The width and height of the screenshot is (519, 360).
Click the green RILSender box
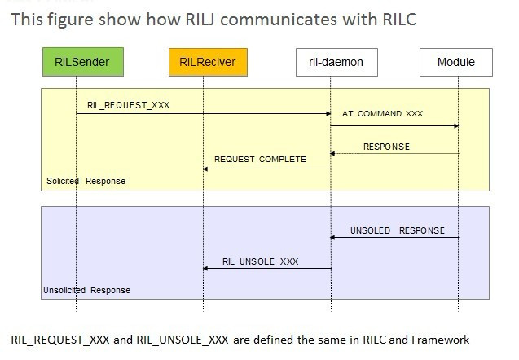coord(83,62)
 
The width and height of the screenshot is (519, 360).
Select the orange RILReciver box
coord(208,62)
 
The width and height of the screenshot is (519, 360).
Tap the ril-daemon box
coord(336,62)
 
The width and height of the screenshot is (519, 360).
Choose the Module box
coord(456,62)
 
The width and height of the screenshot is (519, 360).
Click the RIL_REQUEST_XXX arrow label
coord(129,105)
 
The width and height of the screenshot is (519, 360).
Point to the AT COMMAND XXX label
coord(382,114)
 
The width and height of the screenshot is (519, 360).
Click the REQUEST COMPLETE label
coord(260,160)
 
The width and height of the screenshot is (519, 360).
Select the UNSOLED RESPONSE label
coord(398,230)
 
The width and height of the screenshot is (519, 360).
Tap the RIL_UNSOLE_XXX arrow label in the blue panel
coord(261,261)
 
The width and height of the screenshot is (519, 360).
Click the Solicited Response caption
coord(86,181)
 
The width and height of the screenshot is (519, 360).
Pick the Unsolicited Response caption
coord(86,290)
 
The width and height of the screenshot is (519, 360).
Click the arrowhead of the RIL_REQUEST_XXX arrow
coord(328,114)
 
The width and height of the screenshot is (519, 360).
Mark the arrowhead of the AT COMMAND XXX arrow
coord(456,126)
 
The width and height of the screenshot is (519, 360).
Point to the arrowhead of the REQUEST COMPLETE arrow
coord(205,169)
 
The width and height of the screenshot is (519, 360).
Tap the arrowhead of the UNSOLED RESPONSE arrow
coord(332,237)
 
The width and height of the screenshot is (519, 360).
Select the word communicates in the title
coord(279,20)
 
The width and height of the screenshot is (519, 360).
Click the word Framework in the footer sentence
coord(441,340)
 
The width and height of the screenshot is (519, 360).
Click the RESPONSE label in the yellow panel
coord(386,147)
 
